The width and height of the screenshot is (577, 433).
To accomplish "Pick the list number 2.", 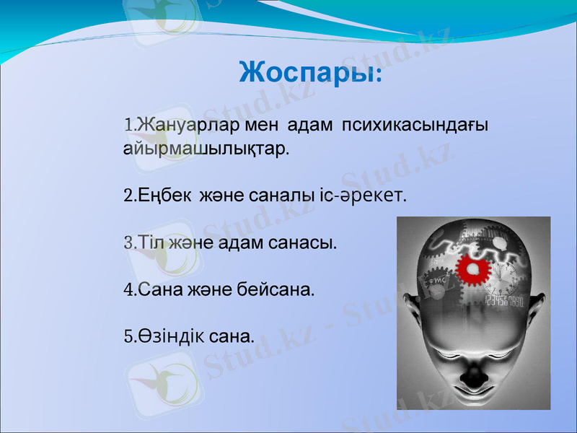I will pyautogui.click(x=128, y=196).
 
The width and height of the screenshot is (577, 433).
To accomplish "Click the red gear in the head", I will pyautogui.click(x=472, y=271).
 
